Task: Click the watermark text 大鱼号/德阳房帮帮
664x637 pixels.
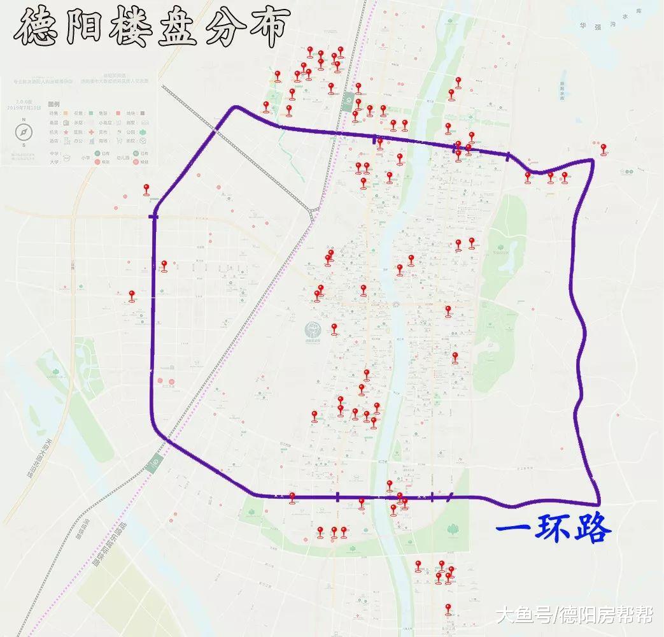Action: pos(574,615)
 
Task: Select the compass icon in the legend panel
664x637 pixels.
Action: pos(24,132)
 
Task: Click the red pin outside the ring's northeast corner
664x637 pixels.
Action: pos(603,150)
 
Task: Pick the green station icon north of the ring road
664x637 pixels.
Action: pos(349,100)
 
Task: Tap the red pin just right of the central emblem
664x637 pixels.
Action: pos(334,329)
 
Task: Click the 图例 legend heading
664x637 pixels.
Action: pos(53,103)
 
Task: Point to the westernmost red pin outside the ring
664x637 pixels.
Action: pos(132,296)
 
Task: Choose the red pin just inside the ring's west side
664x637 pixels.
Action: pos(164,265)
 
